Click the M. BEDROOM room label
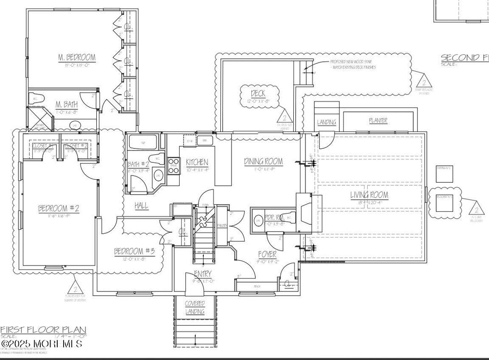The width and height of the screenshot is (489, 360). (x=77, y=57)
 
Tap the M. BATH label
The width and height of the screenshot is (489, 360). (x=66, y=104)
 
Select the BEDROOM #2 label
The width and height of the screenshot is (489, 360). (x=59, y=208)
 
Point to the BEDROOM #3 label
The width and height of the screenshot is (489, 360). (x=134, y=251)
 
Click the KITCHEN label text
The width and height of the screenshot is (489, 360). (x=197, y=162)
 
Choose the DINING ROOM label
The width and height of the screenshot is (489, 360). (x=263, y=161)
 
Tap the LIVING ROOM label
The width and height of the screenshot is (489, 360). (x=369, y=195)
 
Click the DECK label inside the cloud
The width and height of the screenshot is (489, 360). (x=258, y=94)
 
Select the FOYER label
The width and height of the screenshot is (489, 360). (x=267, y=254)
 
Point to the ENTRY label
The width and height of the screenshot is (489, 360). (x=202, y=274)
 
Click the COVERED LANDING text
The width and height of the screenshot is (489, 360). (x=195, y=308)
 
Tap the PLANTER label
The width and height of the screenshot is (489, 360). (x=378, y=120)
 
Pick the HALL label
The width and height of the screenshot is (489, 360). (x=142, y=206)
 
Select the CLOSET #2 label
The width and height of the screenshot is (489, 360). (x=76, y=146)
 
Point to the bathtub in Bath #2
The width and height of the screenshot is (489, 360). (x=143, y=143)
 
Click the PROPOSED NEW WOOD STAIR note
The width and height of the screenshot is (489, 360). (x=352, y=62)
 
